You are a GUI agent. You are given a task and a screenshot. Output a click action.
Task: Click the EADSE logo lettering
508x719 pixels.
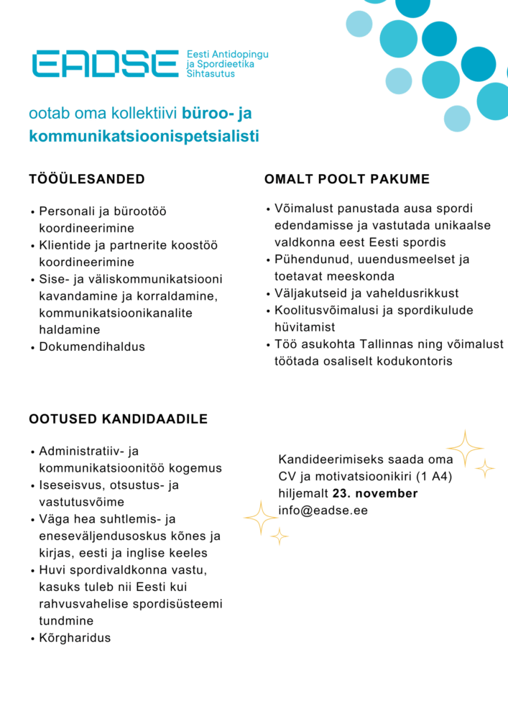(105, 63)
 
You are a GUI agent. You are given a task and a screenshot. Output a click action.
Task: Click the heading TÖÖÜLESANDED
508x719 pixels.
(87, 179)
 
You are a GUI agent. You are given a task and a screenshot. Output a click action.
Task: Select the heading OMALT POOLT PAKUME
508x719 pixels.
(347, 179)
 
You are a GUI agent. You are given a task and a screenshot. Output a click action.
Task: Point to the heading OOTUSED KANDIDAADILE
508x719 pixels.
(119, 419)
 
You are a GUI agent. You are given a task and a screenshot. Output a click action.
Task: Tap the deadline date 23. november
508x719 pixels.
(374, 493)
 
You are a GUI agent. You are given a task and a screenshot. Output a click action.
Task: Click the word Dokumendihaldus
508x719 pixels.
(92, 347)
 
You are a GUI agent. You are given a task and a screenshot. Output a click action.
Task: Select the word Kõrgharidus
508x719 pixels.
(75, 638)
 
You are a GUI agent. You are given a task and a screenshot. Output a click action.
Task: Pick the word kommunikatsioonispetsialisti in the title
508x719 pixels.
(144, 136)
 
